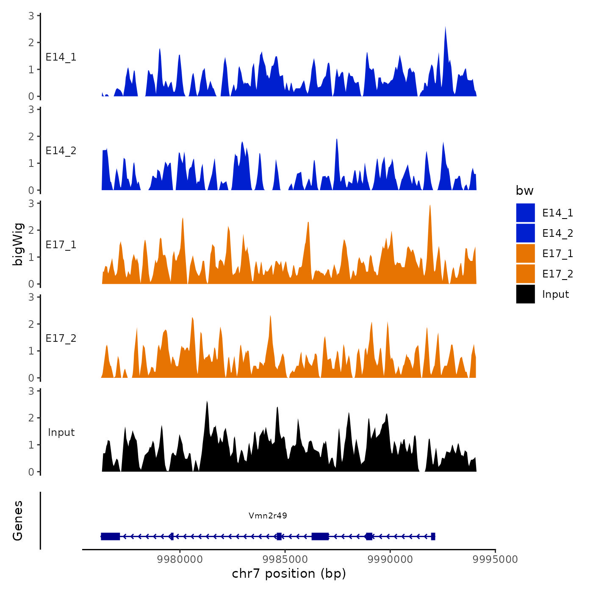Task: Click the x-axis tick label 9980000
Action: tap(180, 559)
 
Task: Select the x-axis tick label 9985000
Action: tap(285, 559)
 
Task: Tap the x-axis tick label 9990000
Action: tap(390, 559)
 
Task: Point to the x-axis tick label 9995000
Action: tap(495, 559)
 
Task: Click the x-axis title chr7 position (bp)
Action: tap(289, 574)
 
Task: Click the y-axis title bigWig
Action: tap(18, 244)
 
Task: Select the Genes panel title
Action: tap(18, 521)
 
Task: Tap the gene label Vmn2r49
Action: tap(268, 515)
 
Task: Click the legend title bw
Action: tap(524, 191)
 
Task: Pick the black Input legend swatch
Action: tap(525, 294)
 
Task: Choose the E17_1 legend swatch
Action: tap(525, 253)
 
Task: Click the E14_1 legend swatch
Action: tap(525, 213)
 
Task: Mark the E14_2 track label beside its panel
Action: tap(61, 151)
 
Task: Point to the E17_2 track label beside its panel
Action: tap(61, 338)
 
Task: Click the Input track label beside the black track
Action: tap(61, 432)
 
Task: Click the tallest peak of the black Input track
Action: tap(207, 402)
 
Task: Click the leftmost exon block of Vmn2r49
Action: tap(111, 536)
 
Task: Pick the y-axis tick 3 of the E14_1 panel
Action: tap(31, 16)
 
